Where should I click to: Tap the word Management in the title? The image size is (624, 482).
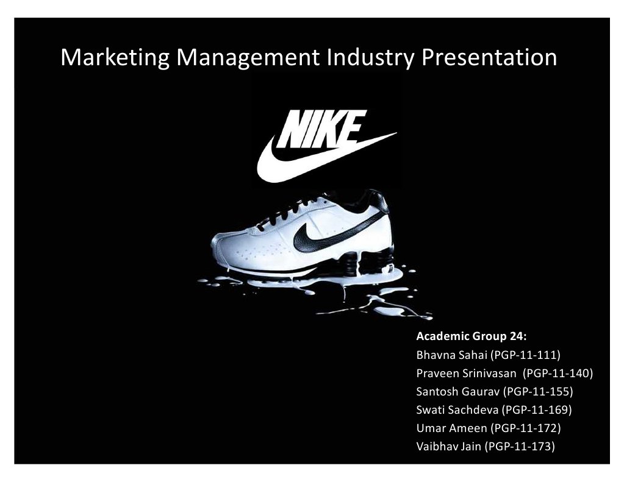(248, 58)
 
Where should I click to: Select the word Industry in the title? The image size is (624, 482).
(370, 58)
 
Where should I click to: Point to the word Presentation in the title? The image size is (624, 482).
(489, 58)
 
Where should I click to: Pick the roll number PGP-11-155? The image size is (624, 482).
(538, 391)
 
